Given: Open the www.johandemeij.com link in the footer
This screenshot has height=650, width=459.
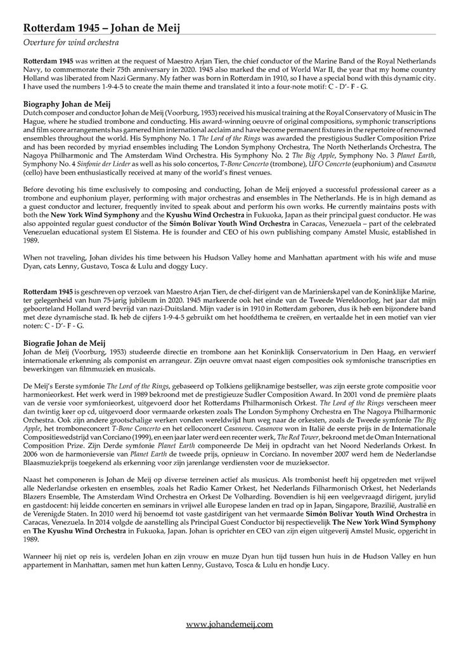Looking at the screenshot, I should pyautogui.click(x=229, y=625).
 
